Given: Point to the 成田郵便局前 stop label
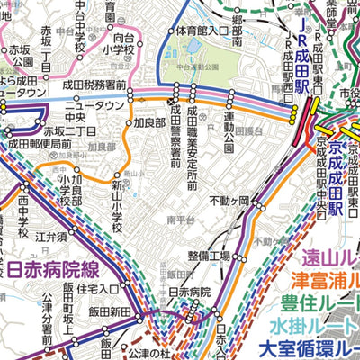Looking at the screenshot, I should coord(40,142).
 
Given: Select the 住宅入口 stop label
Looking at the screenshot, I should coord(98,289).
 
